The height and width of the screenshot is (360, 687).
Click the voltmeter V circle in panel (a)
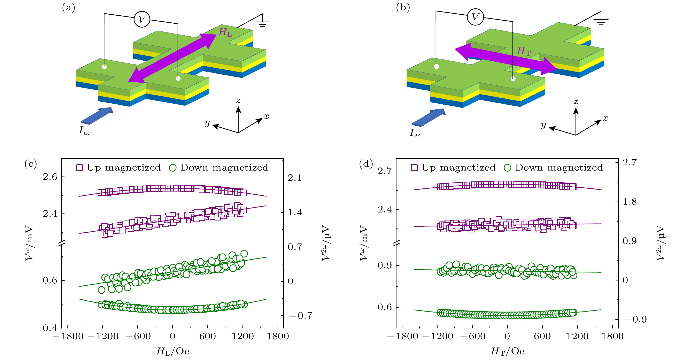(x=142, y=19)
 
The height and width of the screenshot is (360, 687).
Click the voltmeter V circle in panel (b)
(x=475, y=17)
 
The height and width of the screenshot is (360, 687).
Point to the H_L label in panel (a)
(x=225, y=32)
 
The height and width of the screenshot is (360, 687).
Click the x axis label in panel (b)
(x=605, y=118)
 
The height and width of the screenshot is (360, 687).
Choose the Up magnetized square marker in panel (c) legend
(x=79, y=168)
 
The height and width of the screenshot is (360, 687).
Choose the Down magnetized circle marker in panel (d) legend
(x=507, y=168)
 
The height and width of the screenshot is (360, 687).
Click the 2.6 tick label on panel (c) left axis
(x=50, y=177)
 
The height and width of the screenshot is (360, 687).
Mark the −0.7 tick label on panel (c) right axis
(x=301, y=316)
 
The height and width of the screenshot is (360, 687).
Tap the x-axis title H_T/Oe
(x=508, y=351)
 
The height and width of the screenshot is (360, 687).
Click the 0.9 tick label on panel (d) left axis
(x=385, y=265)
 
